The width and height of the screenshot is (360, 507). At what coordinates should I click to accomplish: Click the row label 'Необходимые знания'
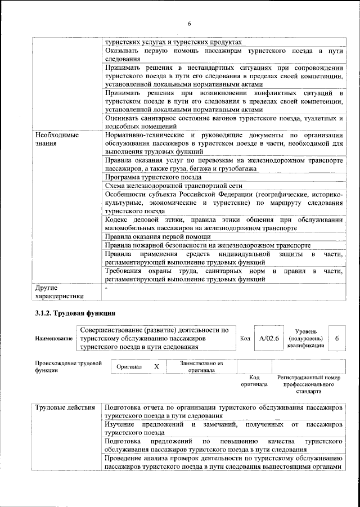click(56, 140)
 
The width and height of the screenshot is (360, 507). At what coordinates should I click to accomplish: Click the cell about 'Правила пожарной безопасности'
click(207, 245)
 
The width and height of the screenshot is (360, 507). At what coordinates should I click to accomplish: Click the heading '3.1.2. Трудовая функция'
click(75, 313)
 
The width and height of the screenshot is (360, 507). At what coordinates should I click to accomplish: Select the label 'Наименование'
click(54, 339)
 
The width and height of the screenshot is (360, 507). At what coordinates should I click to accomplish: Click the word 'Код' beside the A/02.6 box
click(245, 339)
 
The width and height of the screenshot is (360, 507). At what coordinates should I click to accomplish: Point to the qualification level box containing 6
click(336, 338)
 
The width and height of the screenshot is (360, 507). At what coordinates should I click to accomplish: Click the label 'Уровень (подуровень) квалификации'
click(305, 338)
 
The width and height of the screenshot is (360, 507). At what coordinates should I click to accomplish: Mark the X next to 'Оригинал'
click(157, 366)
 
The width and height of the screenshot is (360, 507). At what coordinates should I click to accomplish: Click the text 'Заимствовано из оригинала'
click(201, 367)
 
